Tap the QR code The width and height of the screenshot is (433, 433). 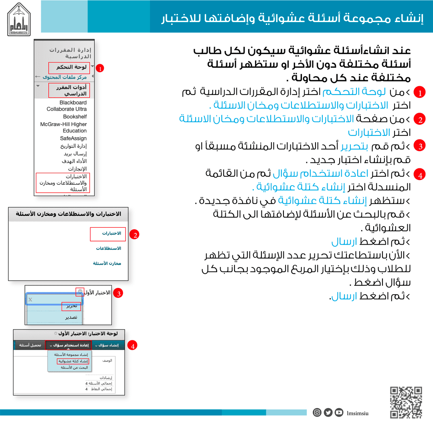(406, 403)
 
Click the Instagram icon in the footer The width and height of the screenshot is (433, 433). (317, 413)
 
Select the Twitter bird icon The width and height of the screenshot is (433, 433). (328, 413)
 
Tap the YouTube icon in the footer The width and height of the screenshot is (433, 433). (339, 413)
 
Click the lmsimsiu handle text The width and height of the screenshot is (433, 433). (358, 413)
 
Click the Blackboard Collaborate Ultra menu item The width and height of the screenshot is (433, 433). (67, 106)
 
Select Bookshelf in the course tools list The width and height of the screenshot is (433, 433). (75, 117)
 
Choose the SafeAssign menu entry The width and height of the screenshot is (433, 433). (73, 138)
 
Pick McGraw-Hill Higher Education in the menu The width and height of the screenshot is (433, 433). (63, 127)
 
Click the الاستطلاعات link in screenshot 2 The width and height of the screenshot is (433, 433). (109, 249)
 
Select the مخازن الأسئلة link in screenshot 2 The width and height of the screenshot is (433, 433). (107, 263)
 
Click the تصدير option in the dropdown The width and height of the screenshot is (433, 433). (71, 317)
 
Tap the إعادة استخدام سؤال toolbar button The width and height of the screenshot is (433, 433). (68, 345)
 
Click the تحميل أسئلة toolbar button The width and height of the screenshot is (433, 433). (30, 345)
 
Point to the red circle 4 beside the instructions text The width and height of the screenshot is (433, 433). (419, 175)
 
